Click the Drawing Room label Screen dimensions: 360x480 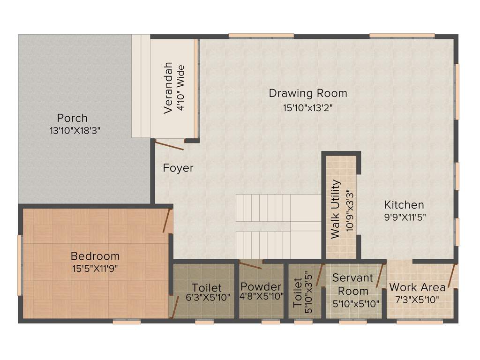coord(308,93)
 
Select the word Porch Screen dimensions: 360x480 coord(72,118)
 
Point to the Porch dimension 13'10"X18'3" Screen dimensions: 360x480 coord(75,131)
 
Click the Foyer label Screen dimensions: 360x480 coord(178,168)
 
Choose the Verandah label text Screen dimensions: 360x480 coord(168,88)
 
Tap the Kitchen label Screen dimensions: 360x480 coord(404,205)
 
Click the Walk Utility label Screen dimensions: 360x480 coord(336,209)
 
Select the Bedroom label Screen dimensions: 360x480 coord(95,256)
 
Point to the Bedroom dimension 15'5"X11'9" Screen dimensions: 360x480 coord(95,269)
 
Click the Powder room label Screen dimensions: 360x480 coord(261,287)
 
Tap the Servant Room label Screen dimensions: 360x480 coord(353,284)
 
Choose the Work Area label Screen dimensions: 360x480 coord(417,287)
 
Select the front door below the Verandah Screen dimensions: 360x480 coord(169,145)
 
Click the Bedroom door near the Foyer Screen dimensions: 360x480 coord(166,221)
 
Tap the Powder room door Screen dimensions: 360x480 coord(250,265)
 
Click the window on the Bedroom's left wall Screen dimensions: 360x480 coord(20,265)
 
